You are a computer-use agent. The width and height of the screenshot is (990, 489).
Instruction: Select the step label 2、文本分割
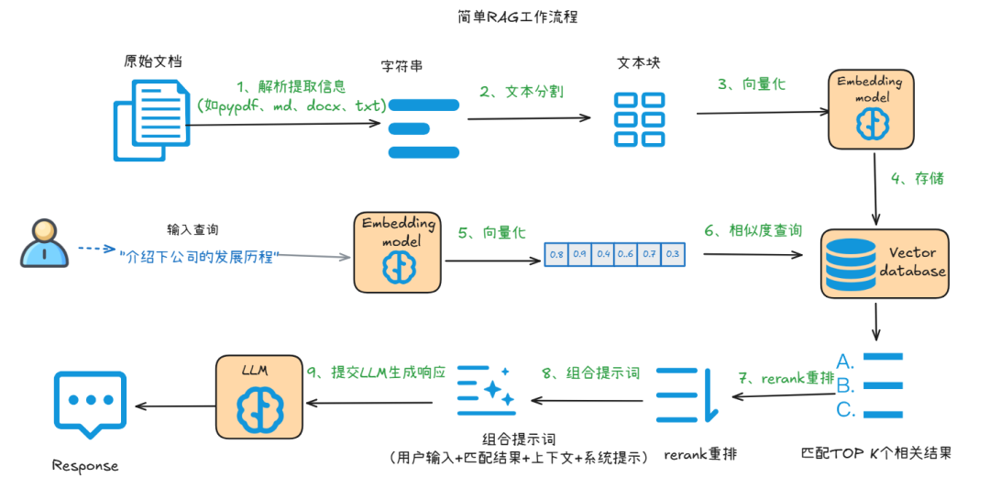pyautogui.click(x=522, y=92)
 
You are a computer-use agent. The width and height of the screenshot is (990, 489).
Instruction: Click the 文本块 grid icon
pyautogui.click(x=639, y=118)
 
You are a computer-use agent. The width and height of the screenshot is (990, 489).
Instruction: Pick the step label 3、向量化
pyautogui.click(x=751, y=83)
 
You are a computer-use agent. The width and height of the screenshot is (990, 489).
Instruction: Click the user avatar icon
pyautogui.click(x=45, y=243)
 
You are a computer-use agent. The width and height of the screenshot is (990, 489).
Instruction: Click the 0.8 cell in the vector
pyautogui.click(x=556, y=253)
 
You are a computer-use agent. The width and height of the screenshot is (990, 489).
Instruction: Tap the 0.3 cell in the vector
pyautogui.click(x=673, y=253)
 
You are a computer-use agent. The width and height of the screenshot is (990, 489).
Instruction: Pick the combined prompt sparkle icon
pyautogui.click(x=486, y=390)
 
